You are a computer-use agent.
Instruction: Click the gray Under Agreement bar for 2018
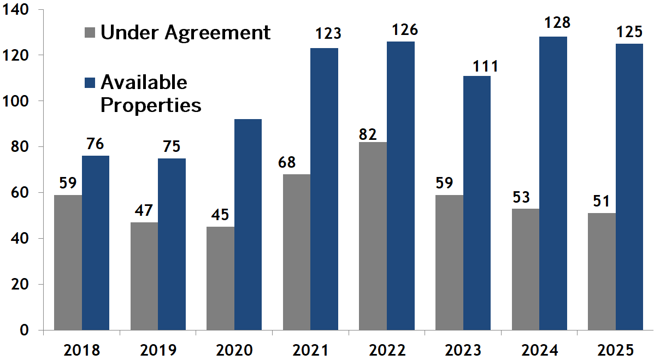[x=68, y=262]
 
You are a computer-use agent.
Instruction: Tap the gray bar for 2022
[x=373, y=236]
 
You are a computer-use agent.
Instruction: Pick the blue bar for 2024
[x=553, y=183]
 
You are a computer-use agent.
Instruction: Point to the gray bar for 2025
[x=602, y=272]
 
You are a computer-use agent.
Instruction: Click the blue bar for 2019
[x=172, y=244]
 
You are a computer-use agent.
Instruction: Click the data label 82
[x=368, y=134]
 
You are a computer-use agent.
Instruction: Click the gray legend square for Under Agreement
[x=90, y=32]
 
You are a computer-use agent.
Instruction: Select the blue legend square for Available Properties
[x=90, y=82]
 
